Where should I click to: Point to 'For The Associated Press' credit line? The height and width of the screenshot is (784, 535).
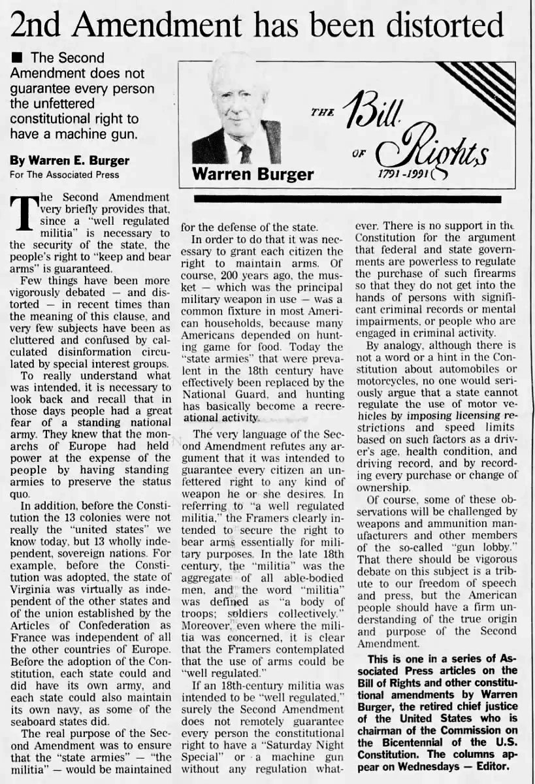tap(63, 174)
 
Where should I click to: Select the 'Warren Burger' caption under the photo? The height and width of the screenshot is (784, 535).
tap(253, 174)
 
